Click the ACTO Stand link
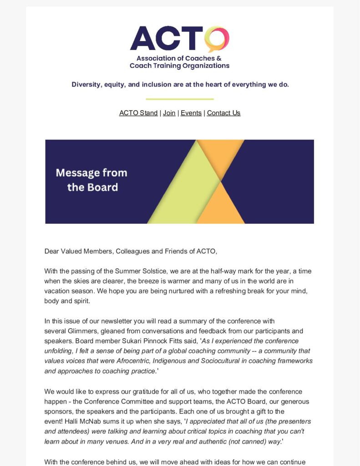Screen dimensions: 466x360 [x=138, y=113]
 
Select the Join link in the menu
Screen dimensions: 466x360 [x=169, y=113]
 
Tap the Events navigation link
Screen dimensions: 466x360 [x=191, y=113]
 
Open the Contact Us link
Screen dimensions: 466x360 [x=223, y=113]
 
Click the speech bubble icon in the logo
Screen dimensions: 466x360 [x=217, y=39]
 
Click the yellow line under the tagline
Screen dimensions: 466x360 [x=180, y=99]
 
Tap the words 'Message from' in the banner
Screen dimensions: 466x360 [x=91, y=173]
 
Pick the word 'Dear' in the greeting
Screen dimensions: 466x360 [x=51, y=251]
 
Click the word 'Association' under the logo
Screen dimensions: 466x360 [x=156, y=58]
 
